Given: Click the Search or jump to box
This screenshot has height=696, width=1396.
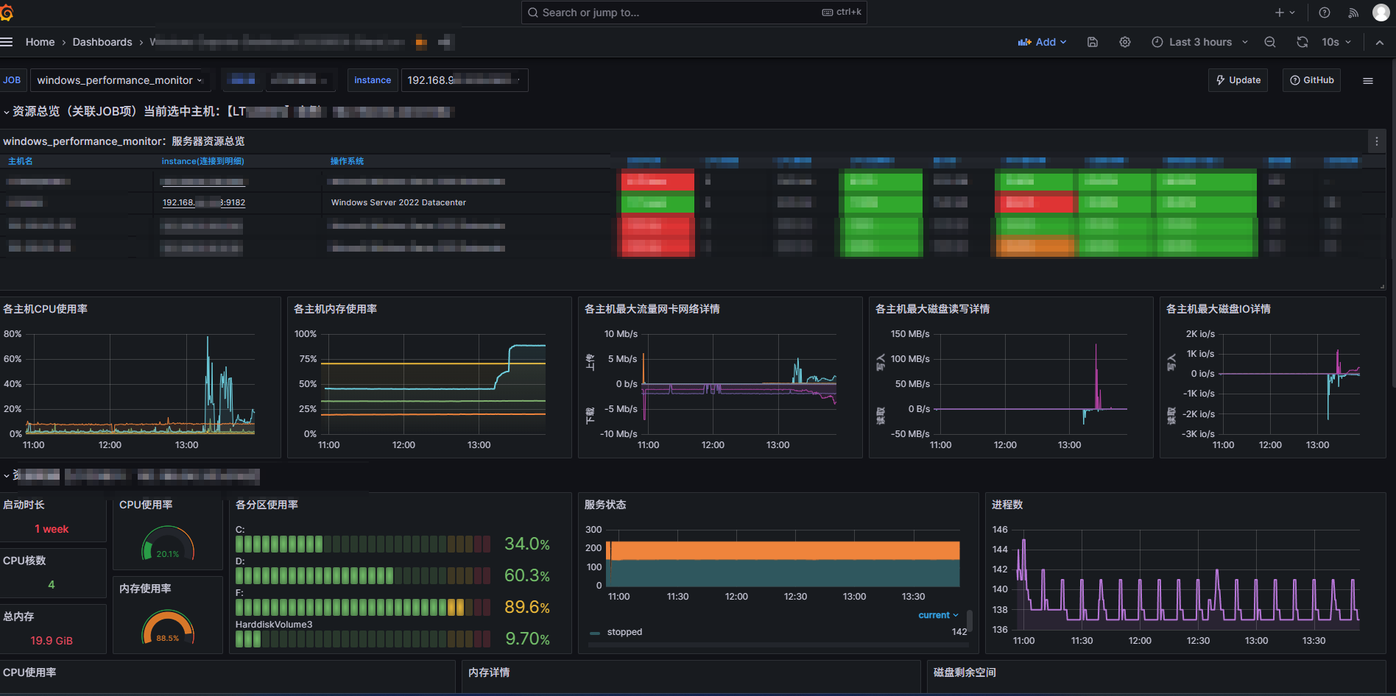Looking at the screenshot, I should [x=692, y=13].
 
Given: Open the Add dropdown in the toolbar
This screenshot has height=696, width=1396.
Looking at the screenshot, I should [x=1042, y=42].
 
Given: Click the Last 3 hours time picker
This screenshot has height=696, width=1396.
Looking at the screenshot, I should [x=1199, y=42].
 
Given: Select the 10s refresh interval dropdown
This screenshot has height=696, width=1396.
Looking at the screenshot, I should [x=1336, y=42].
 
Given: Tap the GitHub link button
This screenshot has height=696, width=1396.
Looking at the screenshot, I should [x=1311, y=80].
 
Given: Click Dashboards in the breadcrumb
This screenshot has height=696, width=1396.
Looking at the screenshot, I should [x=102, y=42].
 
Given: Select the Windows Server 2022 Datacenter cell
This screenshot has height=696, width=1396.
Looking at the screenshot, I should [x=398, y=202].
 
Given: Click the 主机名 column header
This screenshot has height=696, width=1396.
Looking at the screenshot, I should [x=21, y=161].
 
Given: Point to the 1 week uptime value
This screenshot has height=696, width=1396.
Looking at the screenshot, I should [x=52, y=529].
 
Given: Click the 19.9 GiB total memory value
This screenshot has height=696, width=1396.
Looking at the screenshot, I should [x=52, y=641].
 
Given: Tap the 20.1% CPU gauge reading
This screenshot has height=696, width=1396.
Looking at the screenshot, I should [x=167, y=554].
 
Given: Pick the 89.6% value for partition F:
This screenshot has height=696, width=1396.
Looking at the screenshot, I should [x=526, y=607].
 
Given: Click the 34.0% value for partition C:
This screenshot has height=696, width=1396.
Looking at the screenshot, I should [x=526, y=544].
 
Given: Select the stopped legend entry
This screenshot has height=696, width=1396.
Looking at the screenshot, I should [x=624, y=632].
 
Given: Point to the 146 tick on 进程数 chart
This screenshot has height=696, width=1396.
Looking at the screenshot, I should [x=999, y=530].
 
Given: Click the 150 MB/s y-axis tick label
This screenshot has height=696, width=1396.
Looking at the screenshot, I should [x=910, y=334].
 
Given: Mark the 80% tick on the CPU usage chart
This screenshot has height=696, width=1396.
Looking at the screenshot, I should [x=13, y=334].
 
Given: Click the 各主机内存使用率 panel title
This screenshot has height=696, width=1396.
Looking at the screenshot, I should [x=335, y=309].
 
